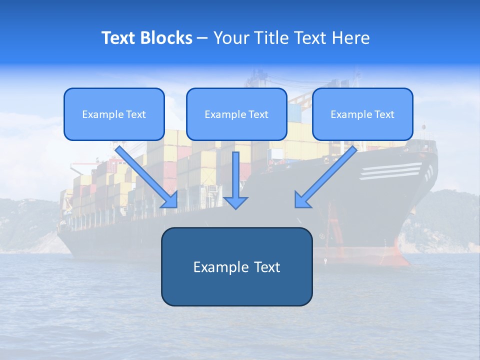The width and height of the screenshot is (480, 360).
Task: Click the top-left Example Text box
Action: (114, 114)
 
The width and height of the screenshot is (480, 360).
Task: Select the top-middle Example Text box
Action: (236, 114)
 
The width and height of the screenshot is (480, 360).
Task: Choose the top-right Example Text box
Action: (362, 114)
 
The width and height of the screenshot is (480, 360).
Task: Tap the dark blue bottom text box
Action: (236, 266)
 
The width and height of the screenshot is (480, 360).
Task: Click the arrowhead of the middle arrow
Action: (236, 202)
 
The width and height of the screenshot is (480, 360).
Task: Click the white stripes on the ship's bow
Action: (390, 171)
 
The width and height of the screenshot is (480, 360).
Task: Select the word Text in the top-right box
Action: (384, 114)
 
